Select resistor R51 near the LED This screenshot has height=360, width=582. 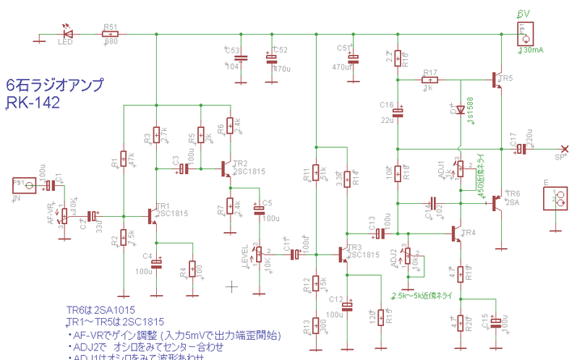tap(110, 35)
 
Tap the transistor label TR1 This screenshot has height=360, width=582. tap(163, 206)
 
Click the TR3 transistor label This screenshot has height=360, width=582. tap(353, 246)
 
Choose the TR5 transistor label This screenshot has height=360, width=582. tap(505, 78)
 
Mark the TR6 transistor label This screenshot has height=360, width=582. tap(513, 194)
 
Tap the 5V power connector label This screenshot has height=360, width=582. tap(524, 13)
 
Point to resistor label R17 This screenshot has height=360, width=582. tap(429, 72)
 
